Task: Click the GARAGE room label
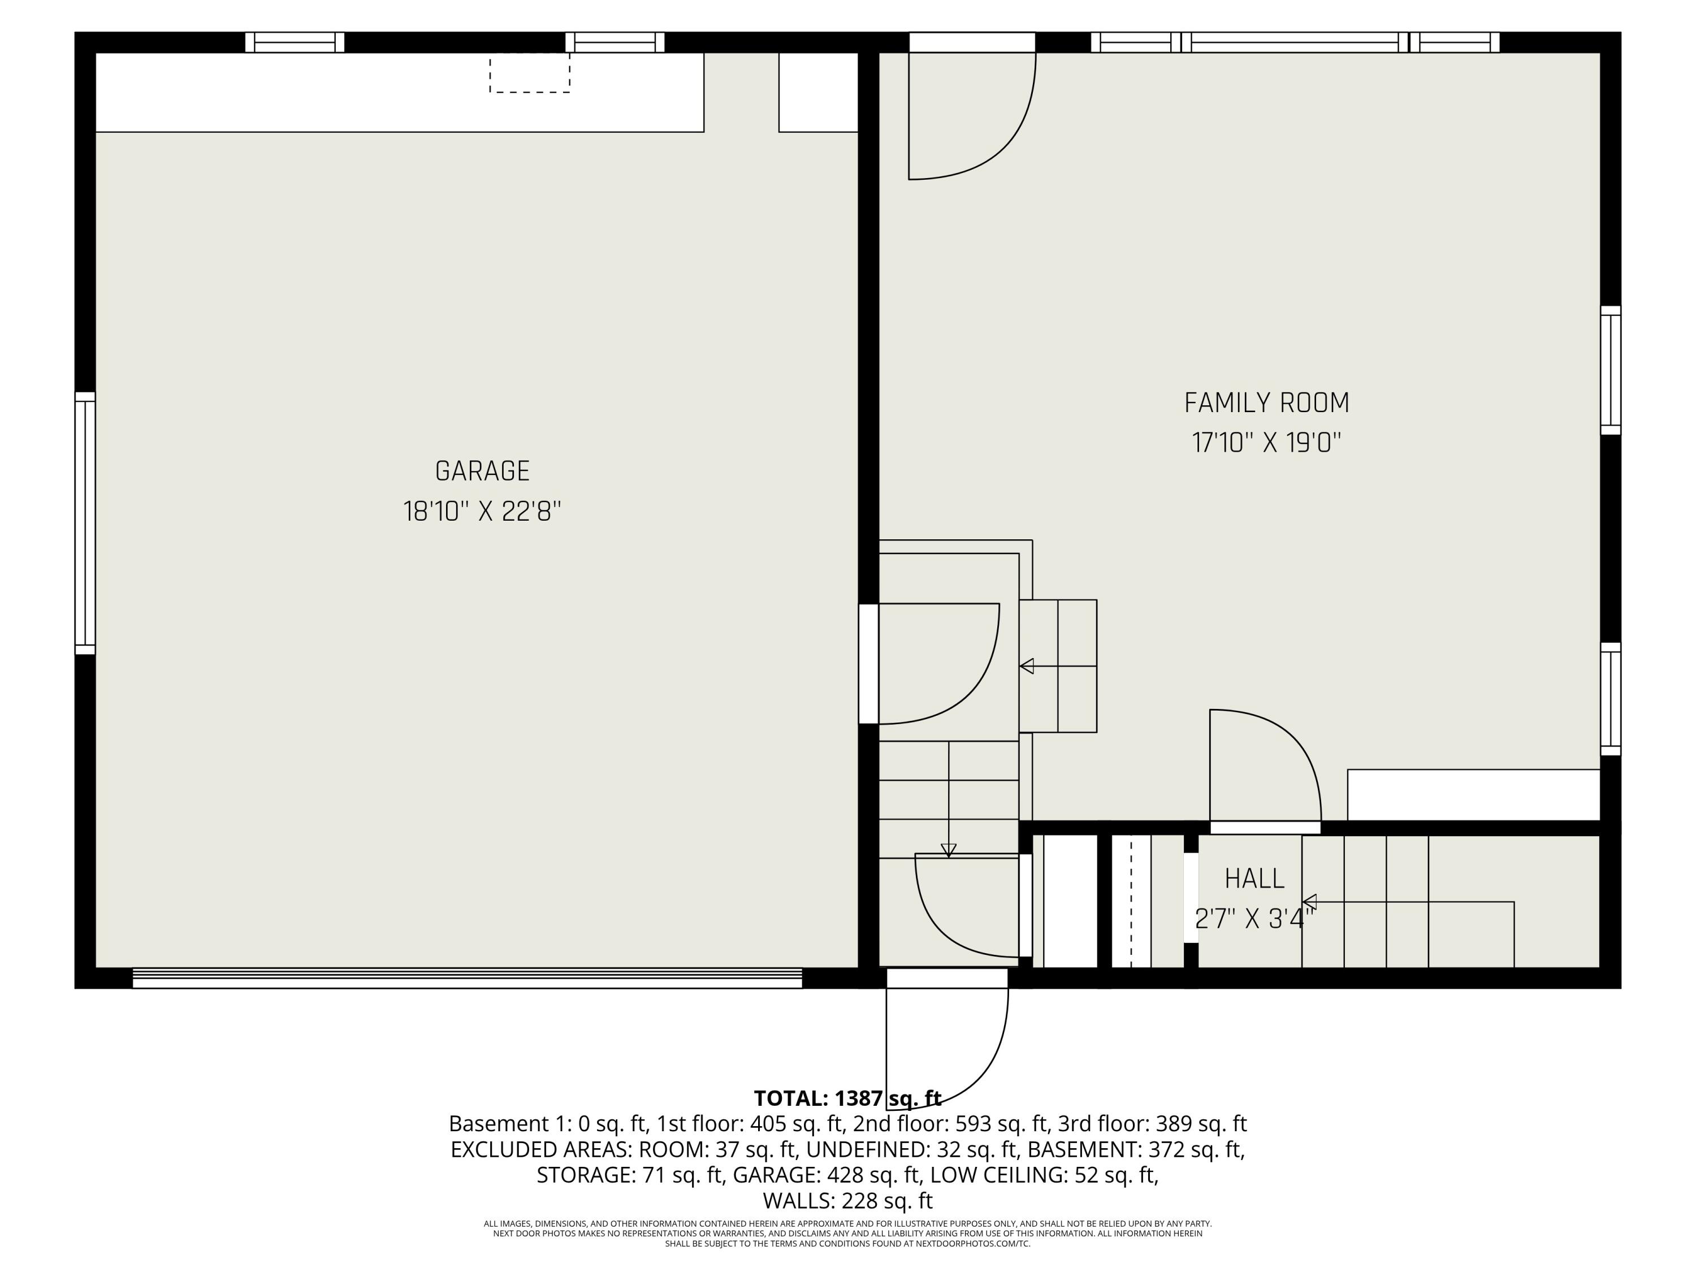click(482, 471)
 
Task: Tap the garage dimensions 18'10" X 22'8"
click(482, 512)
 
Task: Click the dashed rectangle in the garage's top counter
click(530, 73)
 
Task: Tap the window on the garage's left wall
click(85, 523)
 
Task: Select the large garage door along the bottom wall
click(467, 979)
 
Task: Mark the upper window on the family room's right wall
click(1610, 370)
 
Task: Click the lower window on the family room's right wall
click(1610, 699)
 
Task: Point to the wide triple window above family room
click(1295, 42)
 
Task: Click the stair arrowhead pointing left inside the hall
click(1309, 902)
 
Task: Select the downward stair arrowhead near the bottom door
click(949, 850)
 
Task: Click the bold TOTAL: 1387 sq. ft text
click(847, 1098)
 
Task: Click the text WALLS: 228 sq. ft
click(847, 1200)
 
